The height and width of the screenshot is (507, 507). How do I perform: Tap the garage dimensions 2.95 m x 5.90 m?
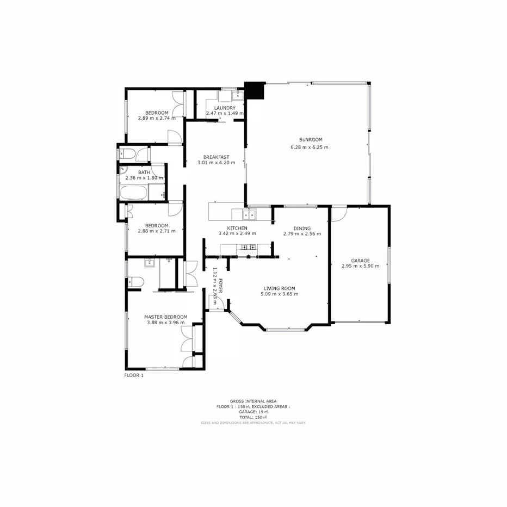tap(360, 266)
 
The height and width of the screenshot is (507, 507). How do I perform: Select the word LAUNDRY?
tap(225, 108)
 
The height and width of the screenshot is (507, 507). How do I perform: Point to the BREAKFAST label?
tap(216, 157)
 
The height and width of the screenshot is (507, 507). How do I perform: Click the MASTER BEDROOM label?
tap(165, 317)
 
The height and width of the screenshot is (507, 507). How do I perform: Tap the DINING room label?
tap(302, 228)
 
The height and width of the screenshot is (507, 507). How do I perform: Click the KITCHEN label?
tap(237, 228)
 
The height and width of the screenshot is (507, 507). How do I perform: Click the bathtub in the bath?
tap(134, 192)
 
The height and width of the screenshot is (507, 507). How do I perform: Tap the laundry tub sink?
tap(238, 96)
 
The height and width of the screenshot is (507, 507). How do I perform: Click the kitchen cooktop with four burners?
tap(249, 248)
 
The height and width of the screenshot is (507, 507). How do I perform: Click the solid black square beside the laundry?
tap(254, 90)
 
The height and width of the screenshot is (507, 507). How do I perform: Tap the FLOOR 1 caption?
tap(134, 375)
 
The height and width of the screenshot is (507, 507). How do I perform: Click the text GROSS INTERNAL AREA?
tap(253, 401)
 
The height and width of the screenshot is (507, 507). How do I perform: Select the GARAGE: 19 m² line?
tap(253, 412)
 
